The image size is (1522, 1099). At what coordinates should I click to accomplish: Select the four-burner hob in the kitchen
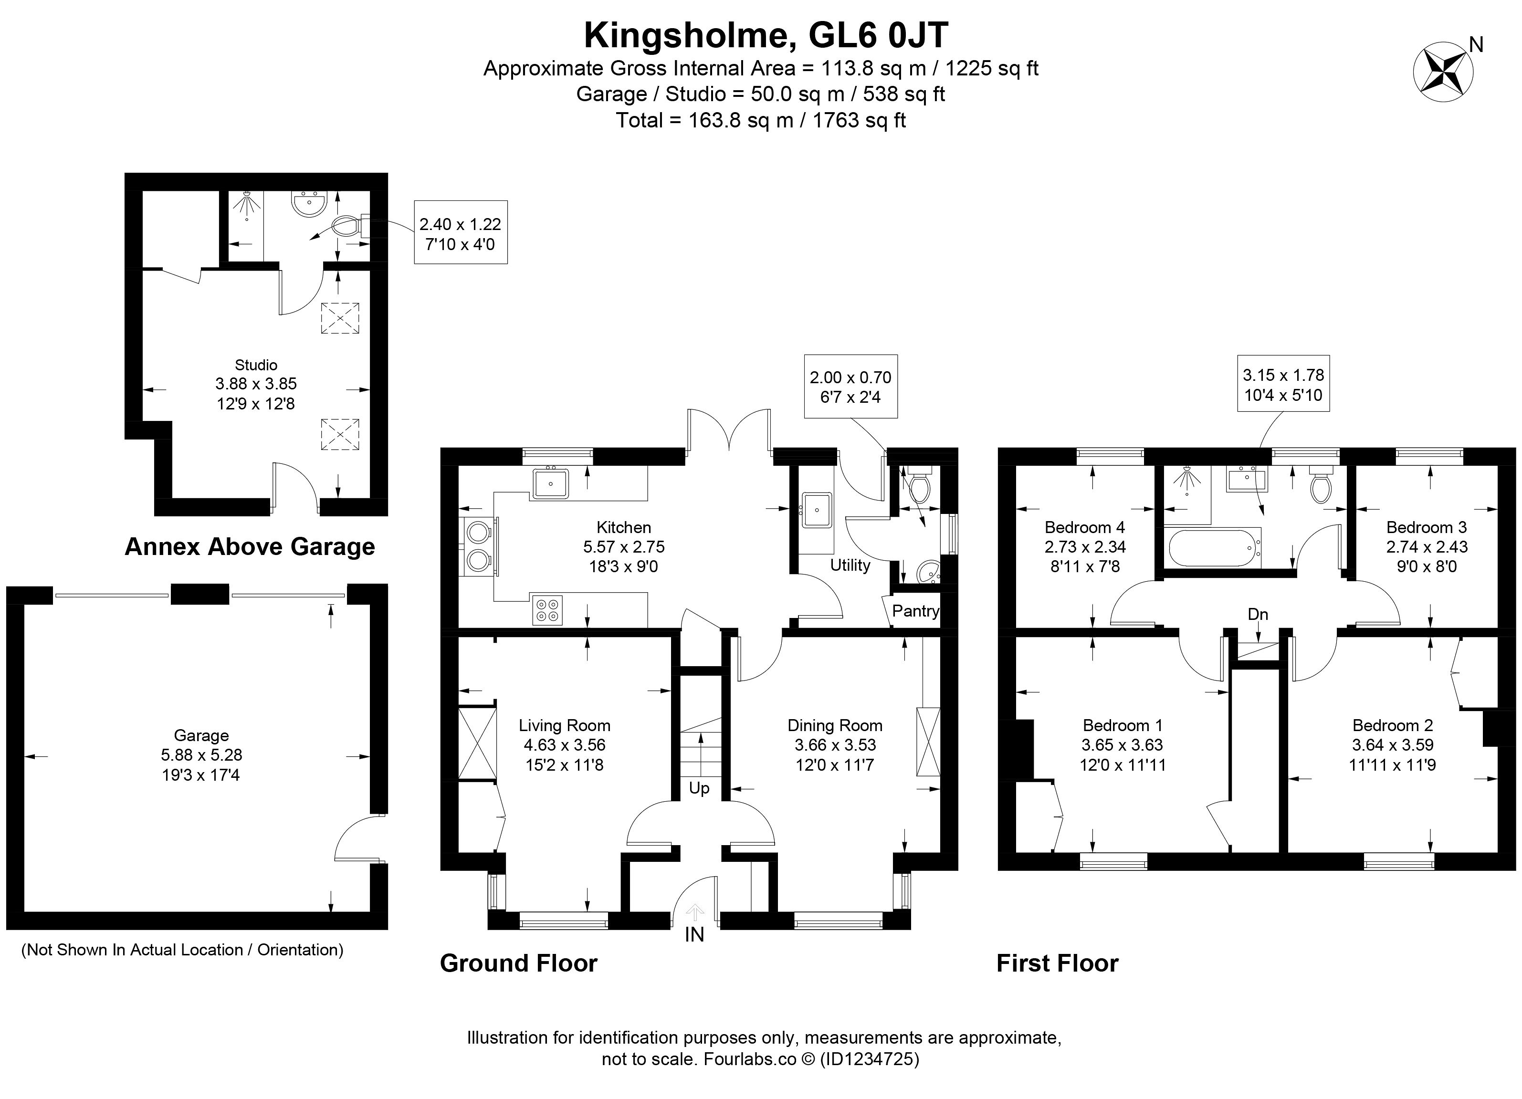(547, 610)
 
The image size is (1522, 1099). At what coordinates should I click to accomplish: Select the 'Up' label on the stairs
(699, 788)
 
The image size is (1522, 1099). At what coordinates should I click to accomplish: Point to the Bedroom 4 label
(1084, 527)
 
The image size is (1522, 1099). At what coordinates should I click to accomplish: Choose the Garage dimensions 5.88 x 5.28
(201, 755)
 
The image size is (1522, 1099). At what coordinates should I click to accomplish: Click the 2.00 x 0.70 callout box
(850, 387)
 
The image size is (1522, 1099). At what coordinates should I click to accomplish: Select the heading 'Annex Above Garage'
(250, 547)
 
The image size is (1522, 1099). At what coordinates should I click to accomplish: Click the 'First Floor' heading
(1057, 963)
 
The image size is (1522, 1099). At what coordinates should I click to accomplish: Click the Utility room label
(850, 565)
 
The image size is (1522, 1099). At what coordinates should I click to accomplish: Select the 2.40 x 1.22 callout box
(461, 233)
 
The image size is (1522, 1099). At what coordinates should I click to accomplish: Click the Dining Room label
(835, 725)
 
